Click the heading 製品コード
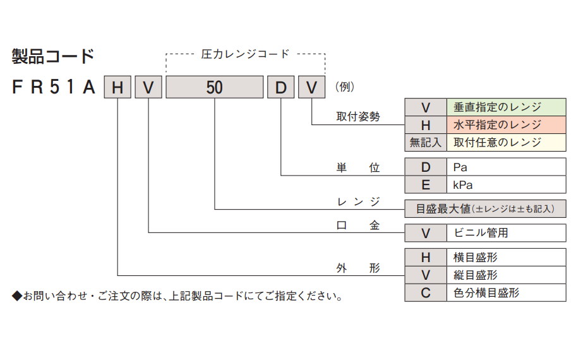tap(52, 57)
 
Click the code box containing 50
tap(214, 87)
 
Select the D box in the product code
tap(280, 87)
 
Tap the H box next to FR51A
tap(117, 87)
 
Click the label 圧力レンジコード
tap(245, 54)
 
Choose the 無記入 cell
tap(425, 142)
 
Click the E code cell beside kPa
tap(425, 185)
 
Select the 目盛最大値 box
tap(485, 208)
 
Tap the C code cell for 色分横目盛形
tap(425, 292)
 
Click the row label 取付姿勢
tap(358, 117)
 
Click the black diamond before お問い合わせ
tap(16, 296)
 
